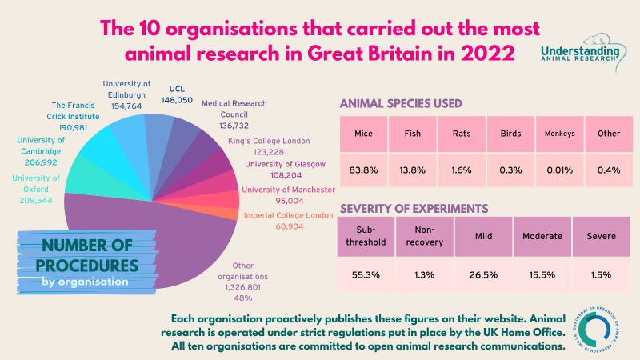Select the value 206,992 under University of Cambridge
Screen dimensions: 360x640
point(38,161)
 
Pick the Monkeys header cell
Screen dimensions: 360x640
point(559,133)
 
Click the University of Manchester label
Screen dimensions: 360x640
point(286,189)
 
